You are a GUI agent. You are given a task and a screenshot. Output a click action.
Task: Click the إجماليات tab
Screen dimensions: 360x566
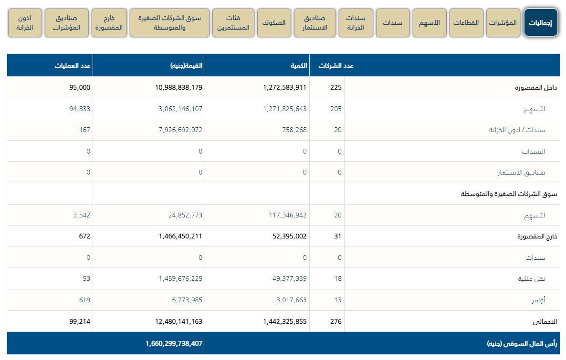[x=541, y=23]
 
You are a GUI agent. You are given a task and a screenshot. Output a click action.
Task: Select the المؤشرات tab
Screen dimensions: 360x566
[x=503, y=23]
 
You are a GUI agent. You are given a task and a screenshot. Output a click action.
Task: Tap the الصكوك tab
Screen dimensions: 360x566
[x=274, y=23]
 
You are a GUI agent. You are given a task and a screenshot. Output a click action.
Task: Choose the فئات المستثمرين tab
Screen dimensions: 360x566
[x=233, y=23]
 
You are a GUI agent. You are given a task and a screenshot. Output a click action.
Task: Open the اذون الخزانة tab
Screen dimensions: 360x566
[x=24, y=23]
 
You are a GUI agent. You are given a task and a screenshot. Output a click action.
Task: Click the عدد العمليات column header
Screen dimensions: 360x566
[x=72, y=66]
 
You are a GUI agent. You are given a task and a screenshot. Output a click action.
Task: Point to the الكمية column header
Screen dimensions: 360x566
[x=298, y=66]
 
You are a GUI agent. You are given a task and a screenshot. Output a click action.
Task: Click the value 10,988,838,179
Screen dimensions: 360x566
[x=172, y=88]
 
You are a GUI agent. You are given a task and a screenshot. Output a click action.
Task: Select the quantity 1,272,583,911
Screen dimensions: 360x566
[x=284, y=88]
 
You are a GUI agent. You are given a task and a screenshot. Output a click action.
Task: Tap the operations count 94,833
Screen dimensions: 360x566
[x=80, y=109]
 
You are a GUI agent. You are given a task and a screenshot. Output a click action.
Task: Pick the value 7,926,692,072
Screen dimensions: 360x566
[x=172, y=130]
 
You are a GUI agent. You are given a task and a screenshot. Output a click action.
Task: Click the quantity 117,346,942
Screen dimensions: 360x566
[x=287, y=216]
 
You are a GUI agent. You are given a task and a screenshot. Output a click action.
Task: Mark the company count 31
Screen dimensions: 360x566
[x=337, y=237]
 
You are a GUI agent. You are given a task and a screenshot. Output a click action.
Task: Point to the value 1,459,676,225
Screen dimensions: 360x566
[x=180, y=279]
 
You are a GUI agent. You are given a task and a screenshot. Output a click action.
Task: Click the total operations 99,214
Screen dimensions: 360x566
[x=80, y=322]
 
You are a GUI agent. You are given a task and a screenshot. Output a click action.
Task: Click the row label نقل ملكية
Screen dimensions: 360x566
[x=532, y=279]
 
